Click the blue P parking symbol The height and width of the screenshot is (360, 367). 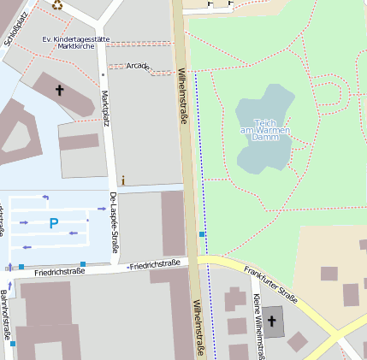tap(53, 224)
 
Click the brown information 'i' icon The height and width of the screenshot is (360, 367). tap(123, 180)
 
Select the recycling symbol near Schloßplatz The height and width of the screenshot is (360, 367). tap(57, 4)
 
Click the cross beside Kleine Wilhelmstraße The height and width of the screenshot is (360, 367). tap(272, 322)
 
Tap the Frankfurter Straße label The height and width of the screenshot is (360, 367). tap(269, 285)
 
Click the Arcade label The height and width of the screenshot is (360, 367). tap(137, 66)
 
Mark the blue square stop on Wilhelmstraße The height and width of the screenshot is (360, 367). tap(202, 233)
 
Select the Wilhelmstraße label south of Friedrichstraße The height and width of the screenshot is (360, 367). tap(198, 328)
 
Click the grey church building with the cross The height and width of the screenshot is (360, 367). tap(273, 322)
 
